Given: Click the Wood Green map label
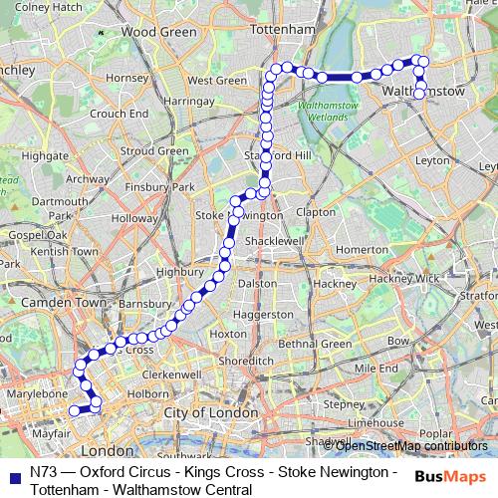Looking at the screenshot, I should click(158, 32).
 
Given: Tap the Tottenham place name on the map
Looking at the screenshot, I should click(281, 31).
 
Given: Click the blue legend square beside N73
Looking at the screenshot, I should click(14, 473).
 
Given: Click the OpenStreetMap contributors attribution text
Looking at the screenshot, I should click(411, 446).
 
